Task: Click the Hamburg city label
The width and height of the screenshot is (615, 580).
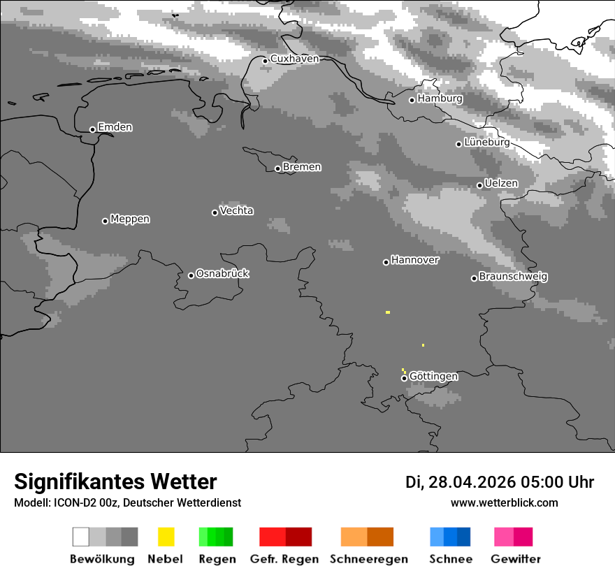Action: [x=440, y=99]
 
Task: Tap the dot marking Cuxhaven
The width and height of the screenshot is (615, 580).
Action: [x=265, y=61]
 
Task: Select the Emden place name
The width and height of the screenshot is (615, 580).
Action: [x=115, y=127]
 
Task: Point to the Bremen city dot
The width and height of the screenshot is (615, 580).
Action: [x=277, y=168]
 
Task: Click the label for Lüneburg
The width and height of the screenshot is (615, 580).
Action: [x=486, y=142]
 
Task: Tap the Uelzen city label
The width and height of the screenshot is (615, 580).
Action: [x=501, y=183]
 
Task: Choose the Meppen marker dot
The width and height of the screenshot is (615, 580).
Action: [x=105, y=221]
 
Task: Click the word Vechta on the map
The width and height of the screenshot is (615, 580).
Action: [x=236, y=210]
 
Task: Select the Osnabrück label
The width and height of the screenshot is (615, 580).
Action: [x=222, y=273]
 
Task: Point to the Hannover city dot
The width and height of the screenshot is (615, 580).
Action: [x=386, y=262]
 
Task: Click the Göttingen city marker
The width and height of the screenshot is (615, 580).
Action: [x=404, y=378]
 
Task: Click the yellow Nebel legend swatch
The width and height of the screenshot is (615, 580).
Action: [x=166, y=537]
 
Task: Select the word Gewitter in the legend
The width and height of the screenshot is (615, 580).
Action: [x=516, y=559]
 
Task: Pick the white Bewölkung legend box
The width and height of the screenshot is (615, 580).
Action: [x=81, y=537]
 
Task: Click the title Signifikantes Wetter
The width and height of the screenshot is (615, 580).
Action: [x=115, y=481]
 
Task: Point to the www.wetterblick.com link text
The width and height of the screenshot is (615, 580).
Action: [x=505, y=502]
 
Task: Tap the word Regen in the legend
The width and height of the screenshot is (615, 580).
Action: [x=216, y=559]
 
